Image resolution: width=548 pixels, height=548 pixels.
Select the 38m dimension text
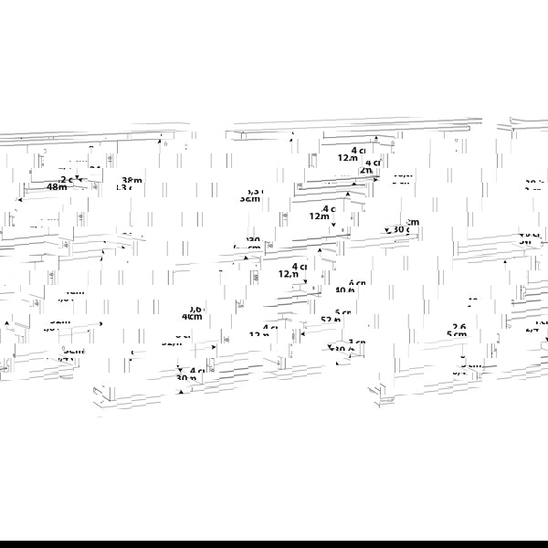pyautogui.click(x=132, y=180)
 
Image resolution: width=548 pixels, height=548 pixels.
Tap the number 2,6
pyautogui.click(x=458, y=326)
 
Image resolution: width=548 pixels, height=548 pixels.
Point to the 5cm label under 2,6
pyautogui.click(x=458, y=335)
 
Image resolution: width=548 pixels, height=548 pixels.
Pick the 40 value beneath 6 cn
pyautogui.click(x=345, y=291)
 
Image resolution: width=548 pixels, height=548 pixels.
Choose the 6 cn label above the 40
pyautogui.click(x=356, y=283)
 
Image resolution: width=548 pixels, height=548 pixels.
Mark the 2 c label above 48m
pyautogui.click(x=68, y=179)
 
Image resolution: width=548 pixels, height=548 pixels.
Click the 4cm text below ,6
pyautogui.click(x=192, y=317)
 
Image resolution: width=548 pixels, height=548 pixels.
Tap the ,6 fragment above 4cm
pyautogui.click(x=195, y=309)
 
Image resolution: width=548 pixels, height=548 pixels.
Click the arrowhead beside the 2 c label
pyautogui.click(x=79, y=180)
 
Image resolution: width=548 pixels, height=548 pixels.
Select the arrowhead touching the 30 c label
pyautogui.click(x=386, y=229)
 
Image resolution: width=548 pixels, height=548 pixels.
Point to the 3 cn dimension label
pyautogui.click(x=357, y=342)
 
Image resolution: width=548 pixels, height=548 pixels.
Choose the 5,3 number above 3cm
pyautogui.click(x=255, y=191)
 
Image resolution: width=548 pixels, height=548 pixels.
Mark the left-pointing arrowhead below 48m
pyautogui.click(x=20, y=198)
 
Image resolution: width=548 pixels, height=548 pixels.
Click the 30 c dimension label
pyautogui.click(x=399, y=229)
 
